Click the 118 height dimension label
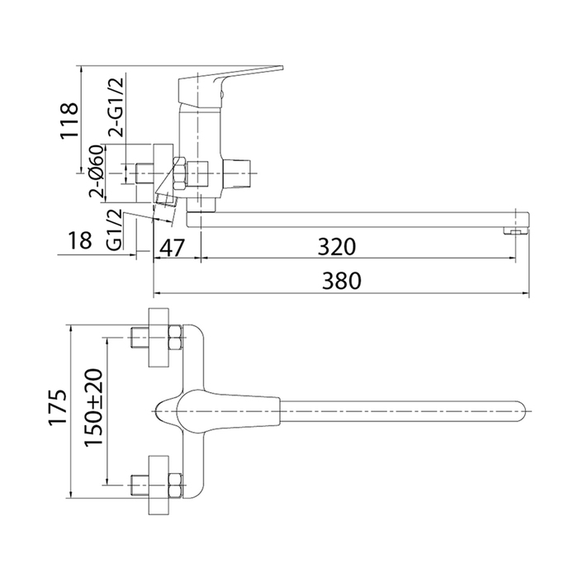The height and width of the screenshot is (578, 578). [69, 121]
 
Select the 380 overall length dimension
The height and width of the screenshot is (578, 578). [342, 281]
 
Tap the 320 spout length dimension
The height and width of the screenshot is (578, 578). [337, 247]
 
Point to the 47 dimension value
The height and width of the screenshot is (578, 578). [172, 247]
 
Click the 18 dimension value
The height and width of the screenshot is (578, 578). [79, 240]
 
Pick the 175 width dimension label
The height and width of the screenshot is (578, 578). [59, 407]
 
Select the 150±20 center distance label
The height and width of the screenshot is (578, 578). [92, 408]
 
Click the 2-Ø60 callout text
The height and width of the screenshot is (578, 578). [97, 172]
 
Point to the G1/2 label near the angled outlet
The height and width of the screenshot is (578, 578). [115, 230]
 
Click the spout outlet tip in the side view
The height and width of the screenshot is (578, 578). [516, 231]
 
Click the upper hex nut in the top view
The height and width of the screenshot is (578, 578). [175, 337]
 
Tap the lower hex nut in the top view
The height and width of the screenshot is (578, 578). [175, 485]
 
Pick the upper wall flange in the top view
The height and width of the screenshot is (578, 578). [159, 338]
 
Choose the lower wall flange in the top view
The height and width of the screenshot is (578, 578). [159, 485]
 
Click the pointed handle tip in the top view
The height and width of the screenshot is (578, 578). [157, 411]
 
